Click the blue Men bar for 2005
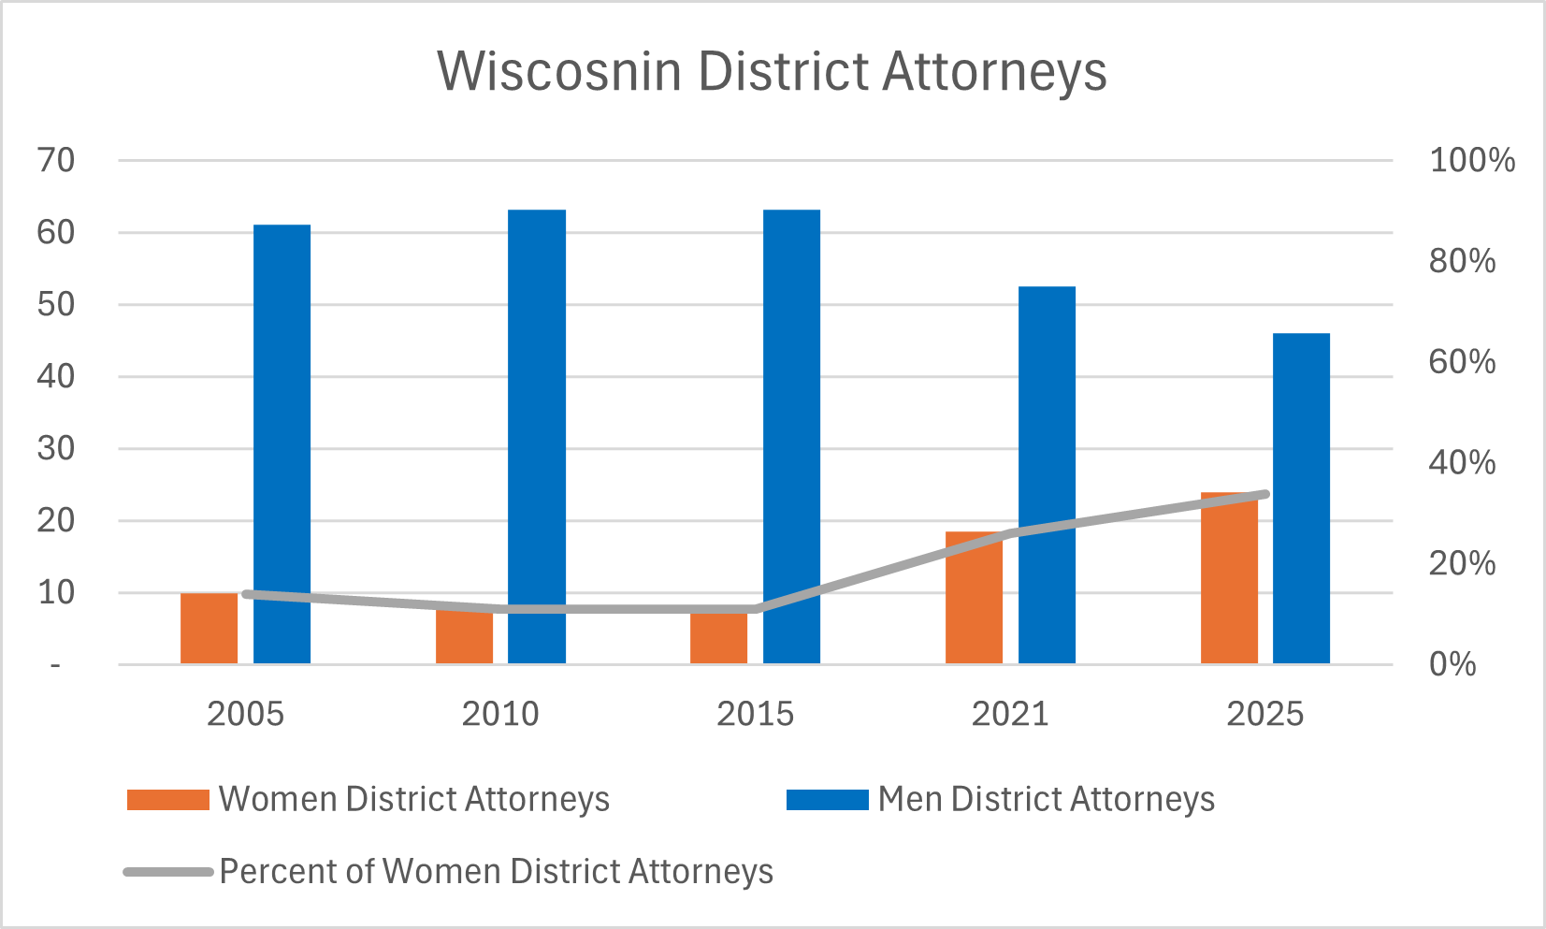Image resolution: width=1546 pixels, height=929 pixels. point(282,444)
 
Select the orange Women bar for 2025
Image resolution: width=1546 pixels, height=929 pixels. point(1229,580)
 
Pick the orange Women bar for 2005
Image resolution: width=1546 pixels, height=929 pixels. point(209,629)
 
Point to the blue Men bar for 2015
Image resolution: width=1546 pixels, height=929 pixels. point(791,437)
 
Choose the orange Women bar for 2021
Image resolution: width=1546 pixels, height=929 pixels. point(974,599)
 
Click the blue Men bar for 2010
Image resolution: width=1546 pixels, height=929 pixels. point(537,437)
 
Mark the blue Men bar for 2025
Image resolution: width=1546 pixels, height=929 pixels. point(1301,499)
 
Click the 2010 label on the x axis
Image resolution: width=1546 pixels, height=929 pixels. point(500,714)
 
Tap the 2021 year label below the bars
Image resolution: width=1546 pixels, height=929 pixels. point(1010,714)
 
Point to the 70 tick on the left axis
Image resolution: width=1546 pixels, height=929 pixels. point(56,160)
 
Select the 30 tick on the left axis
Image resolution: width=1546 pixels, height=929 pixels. point(56,448)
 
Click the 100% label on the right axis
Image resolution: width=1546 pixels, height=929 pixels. point(1471,160)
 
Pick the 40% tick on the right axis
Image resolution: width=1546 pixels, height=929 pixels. point(1462,462)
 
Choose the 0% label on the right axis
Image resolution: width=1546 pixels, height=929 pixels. point(1452,664)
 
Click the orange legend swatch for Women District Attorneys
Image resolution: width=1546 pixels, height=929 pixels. point(168,800)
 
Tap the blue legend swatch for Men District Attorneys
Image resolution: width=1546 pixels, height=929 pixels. point(828,800)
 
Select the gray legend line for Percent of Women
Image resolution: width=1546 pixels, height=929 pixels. point(168,872)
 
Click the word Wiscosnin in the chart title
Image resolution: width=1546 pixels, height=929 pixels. point(558,71)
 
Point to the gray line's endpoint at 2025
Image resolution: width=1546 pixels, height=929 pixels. point(1264,494)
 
